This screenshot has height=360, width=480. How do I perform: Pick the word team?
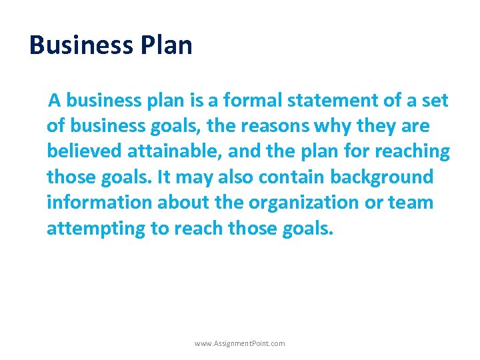(414, 202)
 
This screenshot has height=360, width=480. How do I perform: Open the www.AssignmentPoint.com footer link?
(239, 343)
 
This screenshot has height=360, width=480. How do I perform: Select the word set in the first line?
(434, 101)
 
